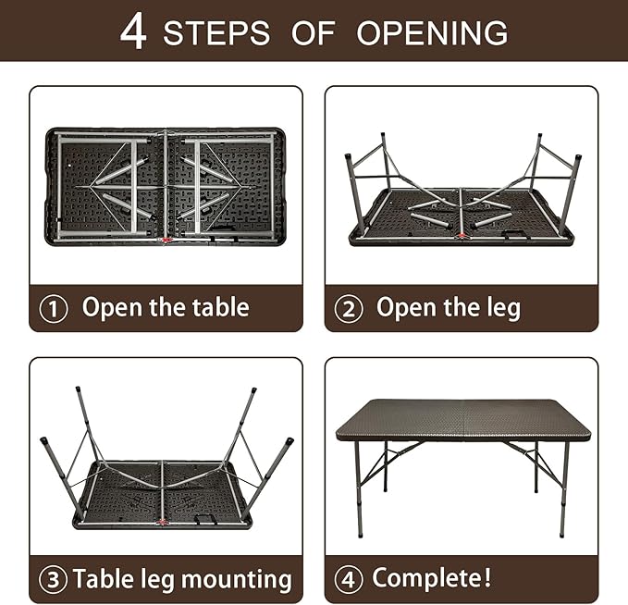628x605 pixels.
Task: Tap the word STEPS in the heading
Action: point(216,33)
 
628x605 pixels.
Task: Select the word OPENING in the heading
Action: point(432,33)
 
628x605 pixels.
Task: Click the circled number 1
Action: point(54,308)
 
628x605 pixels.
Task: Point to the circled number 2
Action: point(349,308)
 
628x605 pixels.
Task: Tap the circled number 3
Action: point(53,579)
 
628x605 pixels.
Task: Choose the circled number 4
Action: point(349,579)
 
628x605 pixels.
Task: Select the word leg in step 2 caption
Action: point(504,308)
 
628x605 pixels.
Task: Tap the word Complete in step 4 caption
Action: point(427,578)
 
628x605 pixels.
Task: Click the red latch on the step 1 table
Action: point(166,240)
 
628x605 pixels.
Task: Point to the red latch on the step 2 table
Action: point(462,236)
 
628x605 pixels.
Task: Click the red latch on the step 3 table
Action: point(163,522)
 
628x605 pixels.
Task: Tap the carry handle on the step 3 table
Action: point(205,519)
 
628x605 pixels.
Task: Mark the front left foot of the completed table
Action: point(360,534)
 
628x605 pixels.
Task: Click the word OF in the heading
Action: point(314,33)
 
